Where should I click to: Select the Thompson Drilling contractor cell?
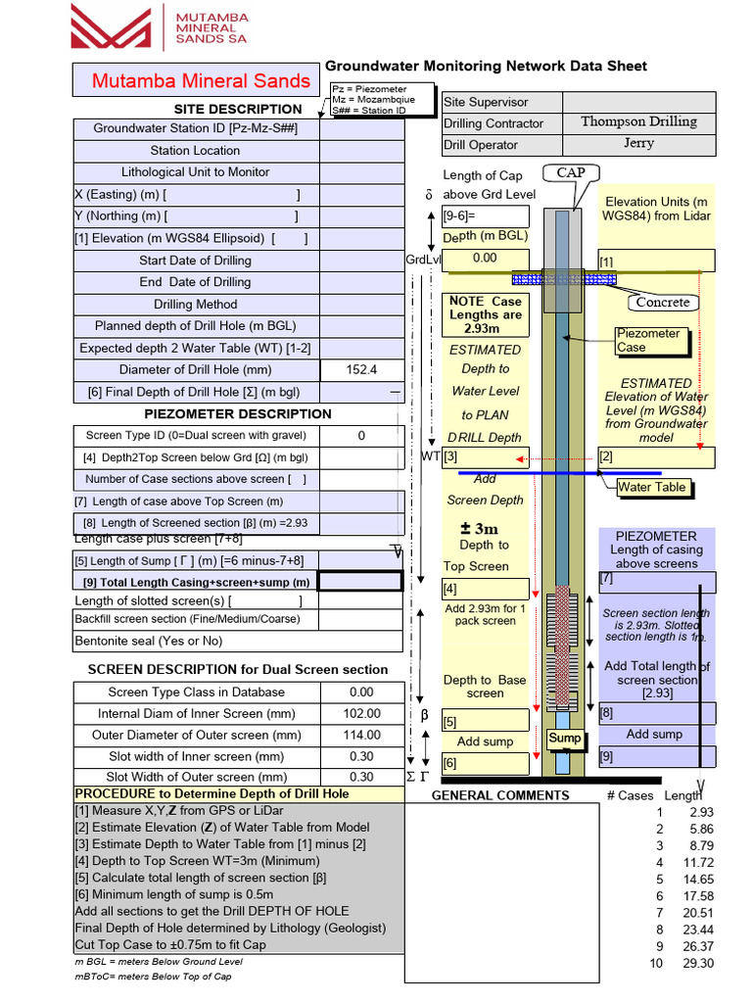coord(638,122)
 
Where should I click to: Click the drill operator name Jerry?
coord(638,143)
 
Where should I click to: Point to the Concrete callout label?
coord(663,302)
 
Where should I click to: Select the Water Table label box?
coord(651,487)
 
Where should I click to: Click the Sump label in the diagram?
coord(564,738)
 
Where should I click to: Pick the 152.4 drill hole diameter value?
coord(361,370)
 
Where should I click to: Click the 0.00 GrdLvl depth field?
coord(485,258)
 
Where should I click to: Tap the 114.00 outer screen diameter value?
coord(361,735)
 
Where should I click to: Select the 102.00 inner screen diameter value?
coord(361,714)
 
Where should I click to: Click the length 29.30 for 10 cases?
coord(699,963)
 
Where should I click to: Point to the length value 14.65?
coord(699,880)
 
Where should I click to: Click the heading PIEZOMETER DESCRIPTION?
coord(238,413)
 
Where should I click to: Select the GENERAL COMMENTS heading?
coord(499,795)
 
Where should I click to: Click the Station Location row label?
coord(195,151)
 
